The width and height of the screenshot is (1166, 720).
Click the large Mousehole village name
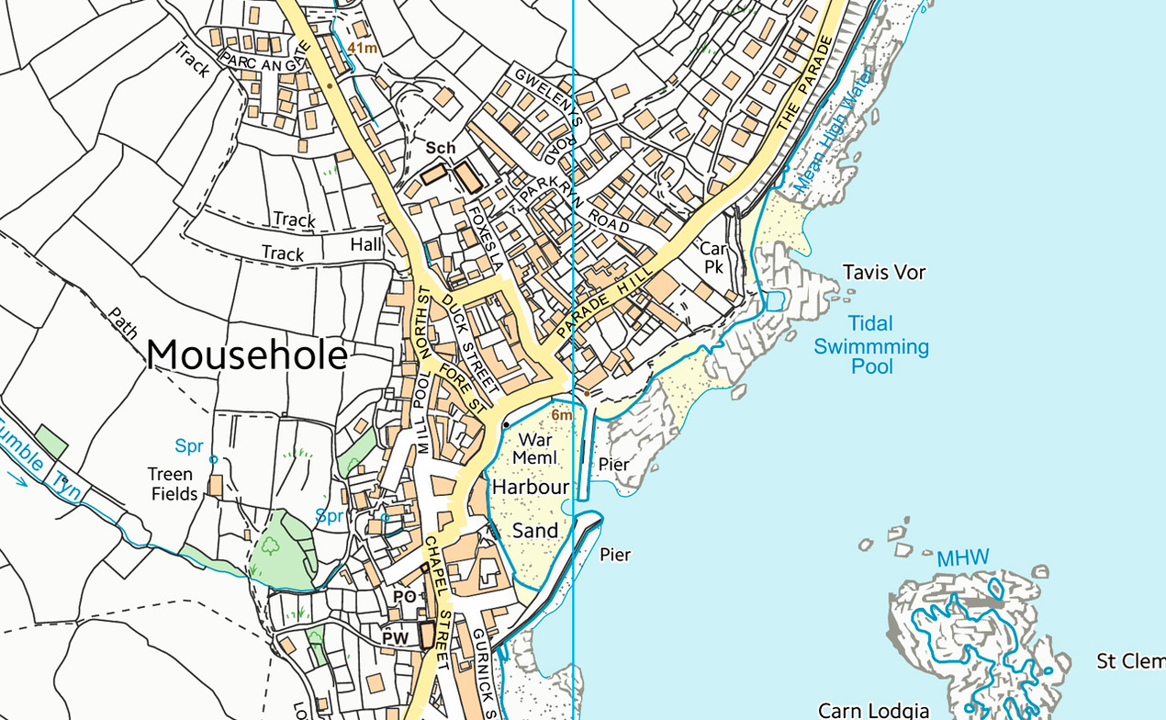point(246,355)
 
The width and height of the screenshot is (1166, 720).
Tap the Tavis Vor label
point(884,273)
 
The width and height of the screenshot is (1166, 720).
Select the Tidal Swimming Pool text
point(871,345)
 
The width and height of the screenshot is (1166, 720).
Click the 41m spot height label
point(363,48)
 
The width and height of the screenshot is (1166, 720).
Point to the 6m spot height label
point(562,415)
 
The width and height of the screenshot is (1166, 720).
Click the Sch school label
point(440,148)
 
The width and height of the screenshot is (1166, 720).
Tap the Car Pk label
point(713,257)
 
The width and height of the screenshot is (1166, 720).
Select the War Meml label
point(534,448)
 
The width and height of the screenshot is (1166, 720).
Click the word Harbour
point(531,487)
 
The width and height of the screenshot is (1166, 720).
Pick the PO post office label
point(404,597)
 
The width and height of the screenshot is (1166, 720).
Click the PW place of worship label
point(396,637)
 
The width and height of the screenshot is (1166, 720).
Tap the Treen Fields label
point(172,484)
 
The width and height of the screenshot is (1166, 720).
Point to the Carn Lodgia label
point(873,710)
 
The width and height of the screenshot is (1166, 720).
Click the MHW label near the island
point(962,558)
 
